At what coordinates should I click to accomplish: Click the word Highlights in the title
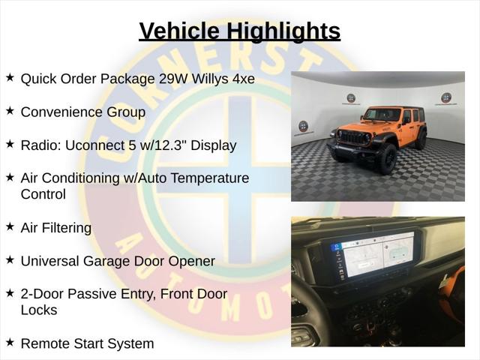283,31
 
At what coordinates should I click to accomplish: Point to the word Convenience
63,112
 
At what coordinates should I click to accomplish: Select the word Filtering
67,228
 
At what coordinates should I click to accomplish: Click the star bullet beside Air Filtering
10,226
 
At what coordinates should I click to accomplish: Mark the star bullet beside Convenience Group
10,110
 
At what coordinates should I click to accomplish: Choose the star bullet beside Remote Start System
10,342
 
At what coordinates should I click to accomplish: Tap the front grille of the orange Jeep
355,138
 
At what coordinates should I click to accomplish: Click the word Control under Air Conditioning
43,194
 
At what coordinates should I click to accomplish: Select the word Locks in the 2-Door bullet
39,310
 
